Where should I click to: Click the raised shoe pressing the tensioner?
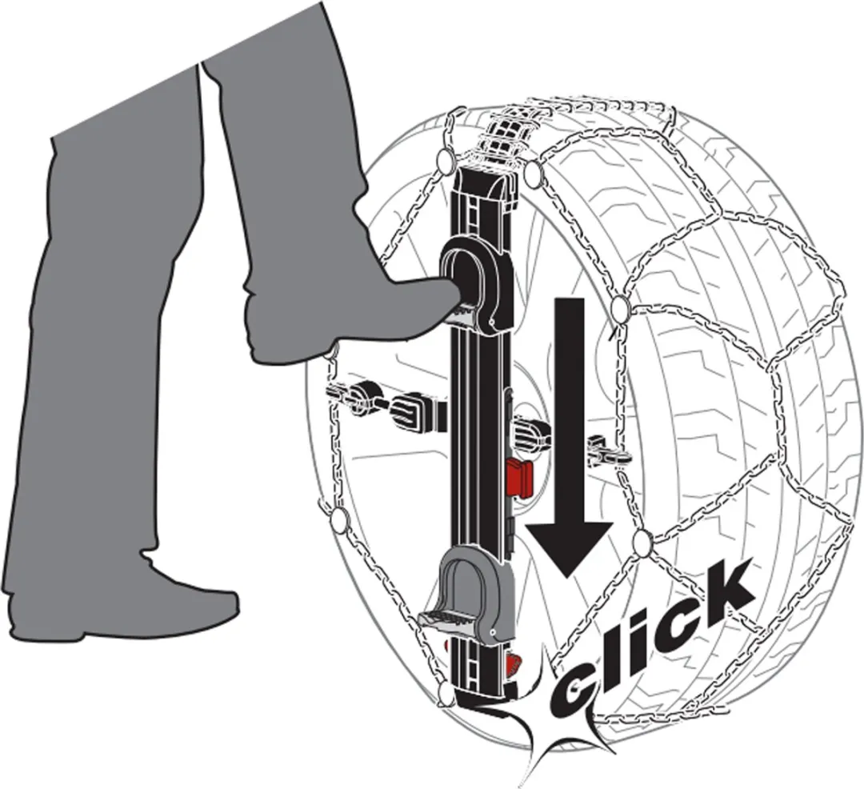(x=353, y=319)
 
